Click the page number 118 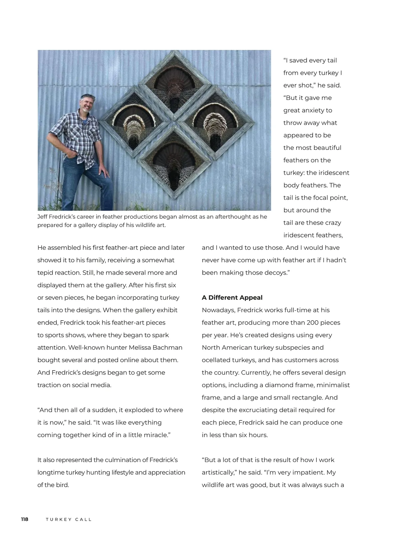tap(25, 519)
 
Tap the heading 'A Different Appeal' tap(232, 298)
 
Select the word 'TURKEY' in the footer tap(59, 520)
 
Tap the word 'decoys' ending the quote tap(276, 273)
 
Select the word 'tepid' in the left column tap(45, 273)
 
